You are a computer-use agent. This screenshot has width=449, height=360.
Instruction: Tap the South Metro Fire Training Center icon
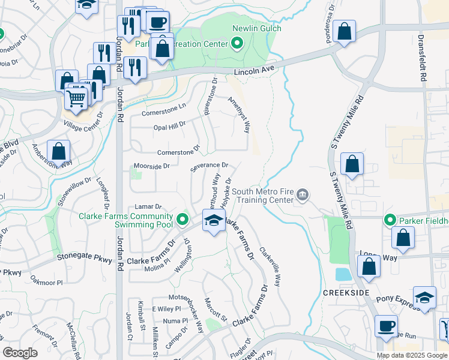click(304, 194)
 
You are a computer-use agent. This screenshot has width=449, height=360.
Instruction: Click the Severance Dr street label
click(209, 165)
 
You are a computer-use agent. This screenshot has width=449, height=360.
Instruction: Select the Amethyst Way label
click(239, 111)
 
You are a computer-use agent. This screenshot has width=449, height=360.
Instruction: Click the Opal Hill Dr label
click(169, 125)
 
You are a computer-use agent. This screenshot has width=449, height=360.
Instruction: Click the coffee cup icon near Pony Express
click(386, 326)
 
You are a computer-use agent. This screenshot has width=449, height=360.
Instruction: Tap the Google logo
click(20, 353)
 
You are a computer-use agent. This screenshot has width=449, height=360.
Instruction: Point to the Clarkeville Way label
click(270, 268)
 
